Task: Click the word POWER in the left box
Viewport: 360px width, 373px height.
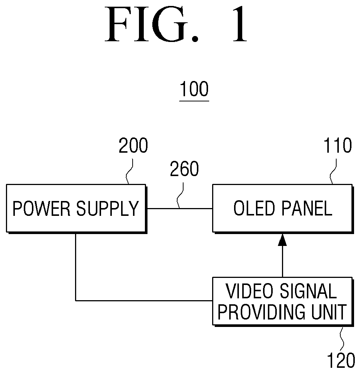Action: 41,209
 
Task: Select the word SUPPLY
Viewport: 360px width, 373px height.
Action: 107,209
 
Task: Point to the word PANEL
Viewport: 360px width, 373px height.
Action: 307,208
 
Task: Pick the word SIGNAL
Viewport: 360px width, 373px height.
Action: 308,291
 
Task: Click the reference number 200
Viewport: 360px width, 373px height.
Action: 133,145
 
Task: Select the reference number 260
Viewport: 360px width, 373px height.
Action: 184,169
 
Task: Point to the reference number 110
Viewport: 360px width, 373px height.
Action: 338,145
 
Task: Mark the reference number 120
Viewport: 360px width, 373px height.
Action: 341,360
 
